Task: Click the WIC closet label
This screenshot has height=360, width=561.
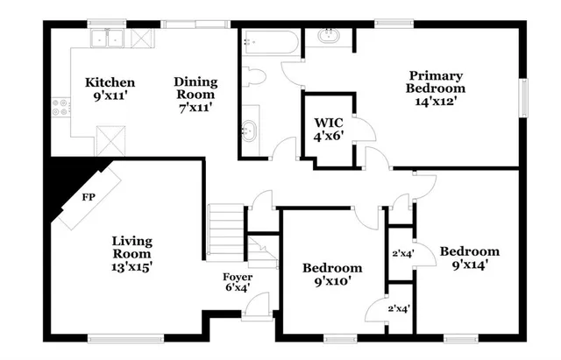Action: (x=327, y=124)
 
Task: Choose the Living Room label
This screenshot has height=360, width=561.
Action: (x=132, y=241)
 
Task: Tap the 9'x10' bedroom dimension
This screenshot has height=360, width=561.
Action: (x=332, y=281)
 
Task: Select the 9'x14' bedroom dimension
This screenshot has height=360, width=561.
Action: (x=469, y=263)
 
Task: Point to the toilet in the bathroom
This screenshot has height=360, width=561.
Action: (x=255, y=76)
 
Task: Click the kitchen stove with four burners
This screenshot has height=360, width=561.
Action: (x=61, y=108)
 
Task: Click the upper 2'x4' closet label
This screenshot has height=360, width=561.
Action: (x=401, y=254)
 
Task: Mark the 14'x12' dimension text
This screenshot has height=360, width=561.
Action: (x=436, y=101)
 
